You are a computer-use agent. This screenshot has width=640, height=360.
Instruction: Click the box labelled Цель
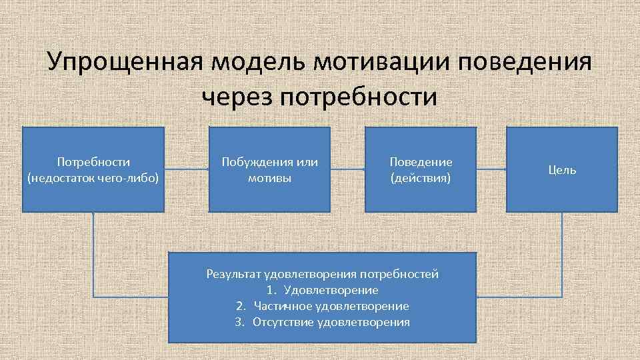562,170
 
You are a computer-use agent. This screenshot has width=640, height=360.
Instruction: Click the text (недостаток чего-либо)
93,179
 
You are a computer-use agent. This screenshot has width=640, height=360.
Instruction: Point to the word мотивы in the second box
270,179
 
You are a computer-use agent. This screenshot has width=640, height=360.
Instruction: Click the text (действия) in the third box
421,179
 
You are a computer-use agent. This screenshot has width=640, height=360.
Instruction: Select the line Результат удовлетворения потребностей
323,274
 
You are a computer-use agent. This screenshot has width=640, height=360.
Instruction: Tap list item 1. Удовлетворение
323,290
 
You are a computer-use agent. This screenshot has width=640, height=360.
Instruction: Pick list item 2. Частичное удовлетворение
323,306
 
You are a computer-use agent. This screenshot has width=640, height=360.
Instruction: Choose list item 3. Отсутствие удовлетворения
323,322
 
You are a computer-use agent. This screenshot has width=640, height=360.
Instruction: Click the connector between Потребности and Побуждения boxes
187,169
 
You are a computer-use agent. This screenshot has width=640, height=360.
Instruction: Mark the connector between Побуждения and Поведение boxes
347,169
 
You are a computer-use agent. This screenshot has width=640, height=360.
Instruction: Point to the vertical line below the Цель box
562,253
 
